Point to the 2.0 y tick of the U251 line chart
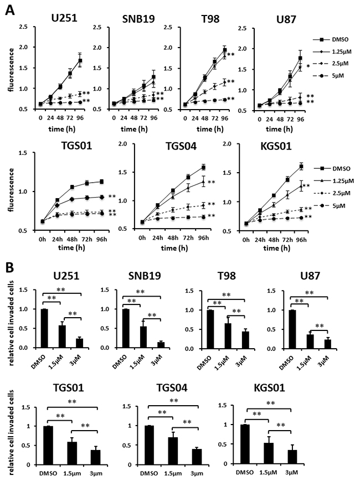coord(25,25)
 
